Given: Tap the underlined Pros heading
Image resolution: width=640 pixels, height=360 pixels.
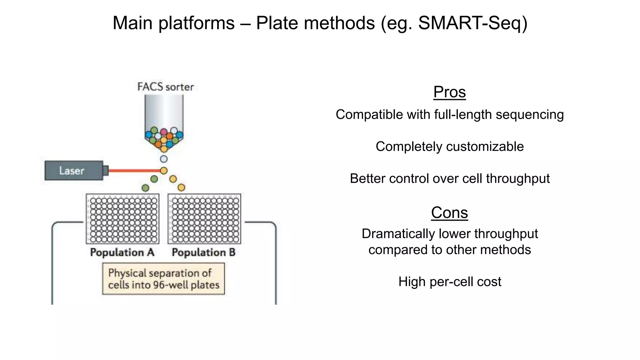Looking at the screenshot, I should (449, 92).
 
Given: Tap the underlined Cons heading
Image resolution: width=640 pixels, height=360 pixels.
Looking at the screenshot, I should (449, 213).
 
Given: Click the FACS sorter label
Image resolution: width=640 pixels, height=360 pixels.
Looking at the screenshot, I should (166, 87).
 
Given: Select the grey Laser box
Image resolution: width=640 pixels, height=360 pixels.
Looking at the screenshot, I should (74, 171).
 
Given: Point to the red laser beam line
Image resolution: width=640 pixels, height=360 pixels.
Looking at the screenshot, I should (134, 171).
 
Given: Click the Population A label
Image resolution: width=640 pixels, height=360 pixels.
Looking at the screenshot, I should (122, 252).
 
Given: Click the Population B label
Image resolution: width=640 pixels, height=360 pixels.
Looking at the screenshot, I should (203, 252).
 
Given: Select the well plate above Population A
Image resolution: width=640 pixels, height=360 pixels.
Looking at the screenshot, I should (122, 219).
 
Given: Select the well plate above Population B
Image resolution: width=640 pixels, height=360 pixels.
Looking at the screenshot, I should (204, 219).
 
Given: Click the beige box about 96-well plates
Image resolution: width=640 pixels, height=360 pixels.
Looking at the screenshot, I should (163, 279).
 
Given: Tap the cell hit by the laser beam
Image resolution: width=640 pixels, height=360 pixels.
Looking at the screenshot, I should (164, 171).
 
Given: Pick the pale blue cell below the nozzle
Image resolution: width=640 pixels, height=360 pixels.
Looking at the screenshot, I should (164, 159).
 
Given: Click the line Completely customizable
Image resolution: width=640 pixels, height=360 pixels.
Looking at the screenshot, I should (449, 147).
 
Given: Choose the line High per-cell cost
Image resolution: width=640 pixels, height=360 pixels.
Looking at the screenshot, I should (449, 282).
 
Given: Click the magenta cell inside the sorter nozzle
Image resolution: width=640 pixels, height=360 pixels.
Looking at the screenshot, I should (164, 132).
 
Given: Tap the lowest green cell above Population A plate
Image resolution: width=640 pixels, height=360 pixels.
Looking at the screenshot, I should (145, 188).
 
